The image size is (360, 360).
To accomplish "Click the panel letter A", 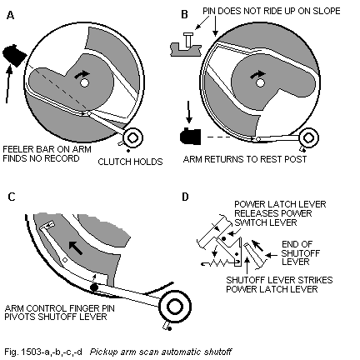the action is [10, 15].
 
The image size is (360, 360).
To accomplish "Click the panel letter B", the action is [184, 14].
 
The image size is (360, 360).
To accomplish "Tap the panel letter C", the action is [12, 197].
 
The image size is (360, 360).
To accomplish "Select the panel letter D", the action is [185, 197].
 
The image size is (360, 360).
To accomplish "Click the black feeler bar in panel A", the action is [14, 55].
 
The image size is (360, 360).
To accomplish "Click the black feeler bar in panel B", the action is [191, 137].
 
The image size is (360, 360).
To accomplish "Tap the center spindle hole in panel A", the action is [84, 82].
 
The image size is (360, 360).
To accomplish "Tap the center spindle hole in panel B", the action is [260, 82].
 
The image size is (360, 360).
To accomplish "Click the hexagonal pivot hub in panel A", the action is [132, 137].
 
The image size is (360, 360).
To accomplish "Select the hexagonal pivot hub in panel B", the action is [307, 137].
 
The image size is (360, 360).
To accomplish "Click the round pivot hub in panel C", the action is [175, 307].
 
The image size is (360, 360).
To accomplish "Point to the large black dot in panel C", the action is [94, 287].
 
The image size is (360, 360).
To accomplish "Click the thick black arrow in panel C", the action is [76, 247].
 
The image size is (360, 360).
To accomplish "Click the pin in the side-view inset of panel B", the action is [188, 40].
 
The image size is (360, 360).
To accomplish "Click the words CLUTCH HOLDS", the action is [130, 162].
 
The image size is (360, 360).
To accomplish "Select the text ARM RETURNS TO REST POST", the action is [245, 159].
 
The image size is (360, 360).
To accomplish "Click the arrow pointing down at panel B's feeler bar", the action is [189, 112].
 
